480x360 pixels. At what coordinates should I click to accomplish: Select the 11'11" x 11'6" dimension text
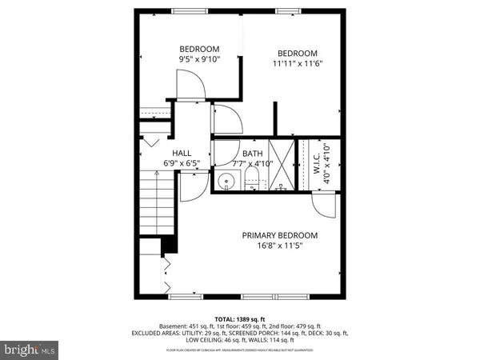click(297, 64)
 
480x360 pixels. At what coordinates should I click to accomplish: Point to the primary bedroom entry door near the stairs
click(192, 188)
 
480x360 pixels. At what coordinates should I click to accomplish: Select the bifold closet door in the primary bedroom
click(166, 274)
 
